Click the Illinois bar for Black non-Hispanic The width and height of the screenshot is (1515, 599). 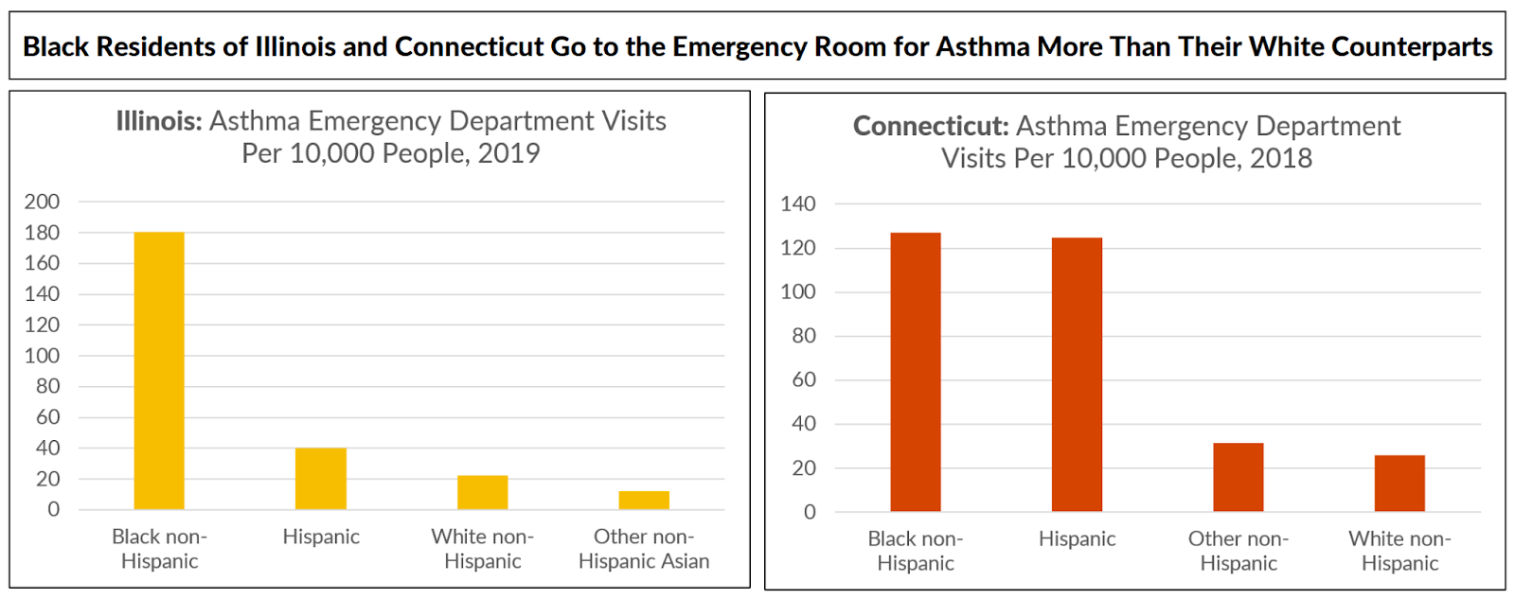point(159,371)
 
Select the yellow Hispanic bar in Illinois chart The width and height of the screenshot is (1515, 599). point(321,479)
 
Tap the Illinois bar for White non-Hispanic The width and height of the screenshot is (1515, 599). point(482,492)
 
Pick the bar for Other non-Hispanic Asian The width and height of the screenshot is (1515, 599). point(644,501)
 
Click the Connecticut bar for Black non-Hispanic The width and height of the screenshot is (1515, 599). point(916,372)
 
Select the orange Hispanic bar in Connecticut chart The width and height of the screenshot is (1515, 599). point(1077,375)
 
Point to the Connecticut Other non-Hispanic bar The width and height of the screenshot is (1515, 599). point(1239,477)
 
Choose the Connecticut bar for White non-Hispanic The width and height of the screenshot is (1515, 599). point(1399,484)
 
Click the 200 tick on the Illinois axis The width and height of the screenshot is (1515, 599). point(42,202)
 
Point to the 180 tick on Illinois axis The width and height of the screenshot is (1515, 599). point(42,233)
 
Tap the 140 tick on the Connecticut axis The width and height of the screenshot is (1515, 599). point(797,203)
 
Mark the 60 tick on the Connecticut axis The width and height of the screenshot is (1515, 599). point(803,379)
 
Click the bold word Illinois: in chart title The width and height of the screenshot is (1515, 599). point(158,121)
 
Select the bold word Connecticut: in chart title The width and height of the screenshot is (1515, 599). point(931,126)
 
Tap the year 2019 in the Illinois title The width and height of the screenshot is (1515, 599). point(508,153)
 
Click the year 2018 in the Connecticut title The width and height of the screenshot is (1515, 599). point(1281,158)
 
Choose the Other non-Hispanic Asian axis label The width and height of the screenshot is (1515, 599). point(644,549)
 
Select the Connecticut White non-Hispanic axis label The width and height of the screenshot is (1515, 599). point(1399,551)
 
